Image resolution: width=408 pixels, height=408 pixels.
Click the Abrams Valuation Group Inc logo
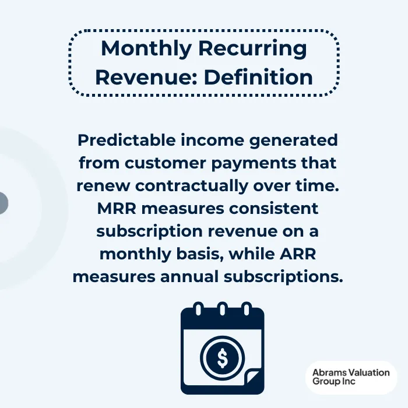click(351, 377)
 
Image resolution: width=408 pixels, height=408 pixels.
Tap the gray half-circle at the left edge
click(3, 203)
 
